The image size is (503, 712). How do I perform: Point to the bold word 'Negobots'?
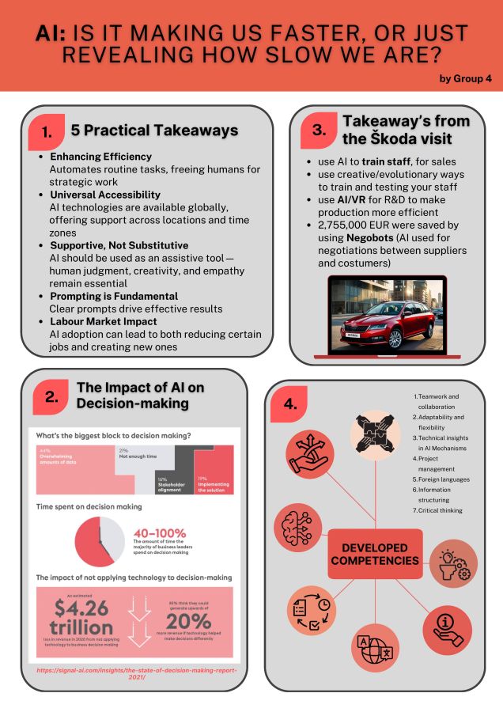coord(371,238)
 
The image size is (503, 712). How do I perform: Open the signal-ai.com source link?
coord(135,673)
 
